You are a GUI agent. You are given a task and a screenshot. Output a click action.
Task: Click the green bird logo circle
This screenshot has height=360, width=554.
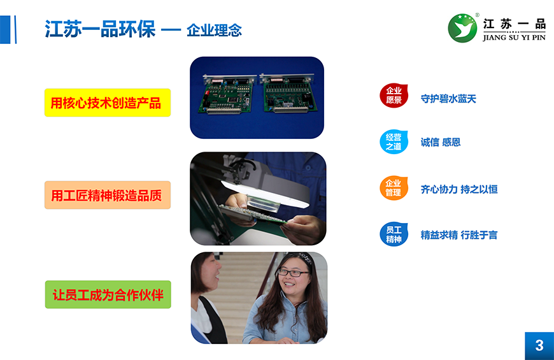(462, 28)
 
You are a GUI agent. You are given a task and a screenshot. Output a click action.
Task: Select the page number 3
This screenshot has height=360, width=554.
(539, 345)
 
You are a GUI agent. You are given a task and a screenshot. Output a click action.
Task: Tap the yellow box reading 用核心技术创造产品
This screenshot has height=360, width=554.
(108, 103)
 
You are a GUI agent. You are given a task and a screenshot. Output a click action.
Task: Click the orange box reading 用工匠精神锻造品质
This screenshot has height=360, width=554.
(108, 195)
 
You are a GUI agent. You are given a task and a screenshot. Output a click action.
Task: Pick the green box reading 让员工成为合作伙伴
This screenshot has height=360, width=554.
(108, 294)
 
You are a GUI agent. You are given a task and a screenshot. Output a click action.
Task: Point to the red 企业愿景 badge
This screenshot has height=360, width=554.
(394, 96)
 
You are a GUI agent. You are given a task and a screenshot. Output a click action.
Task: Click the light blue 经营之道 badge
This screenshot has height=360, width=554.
(394, 142)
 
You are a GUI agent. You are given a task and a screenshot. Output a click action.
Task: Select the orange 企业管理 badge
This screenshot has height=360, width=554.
(394, 188)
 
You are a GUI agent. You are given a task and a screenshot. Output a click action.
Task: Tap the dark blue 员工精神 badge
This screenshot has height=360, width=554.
(394, 234)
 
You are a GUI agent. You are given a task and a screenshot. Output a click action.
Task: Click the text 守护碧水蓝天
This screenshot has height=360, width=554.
(448, 99)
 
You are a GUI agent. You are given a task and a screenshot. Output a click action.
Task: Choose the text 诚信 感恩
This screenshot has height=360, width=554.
(441, 142)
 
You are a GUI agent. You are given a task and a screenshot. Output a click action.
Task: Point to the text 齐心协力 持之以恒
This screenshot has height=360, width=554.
(459, 189)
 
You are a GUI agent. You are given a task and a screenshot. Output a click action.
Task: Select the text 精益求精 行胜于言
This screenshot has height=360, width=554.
(459, 235)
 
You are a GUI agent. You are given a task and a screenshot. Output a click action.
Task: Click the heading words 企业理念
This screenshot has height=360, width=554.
(214, 31)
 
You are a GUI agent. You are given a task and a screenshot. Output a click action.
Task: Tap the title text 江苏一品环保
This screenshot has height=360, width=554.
(100, 29)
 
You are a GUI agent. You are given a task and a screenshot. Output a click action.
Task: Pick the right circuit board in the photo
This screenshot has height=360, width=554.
(288, 92)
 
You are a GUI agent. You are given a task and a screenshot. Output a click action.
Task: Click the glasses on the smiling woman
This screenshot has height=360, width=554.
(293, 272)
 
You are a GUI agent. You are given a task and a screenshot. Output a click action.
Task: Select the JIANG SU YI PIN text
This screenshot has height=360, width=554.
(514, 38)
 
